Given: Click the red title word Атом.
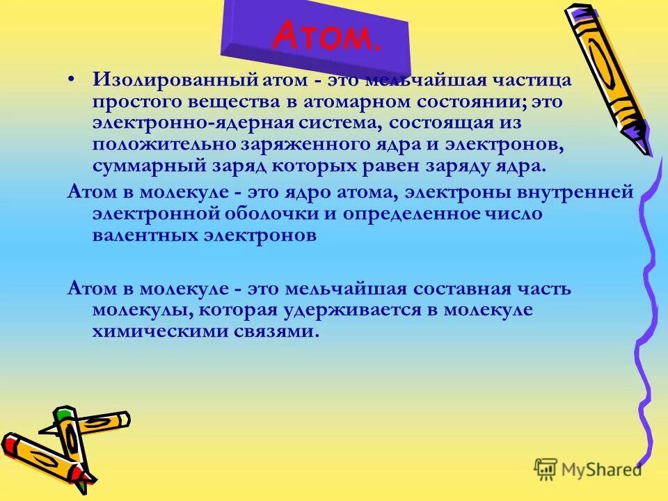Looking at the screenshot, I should (x=326, y=37).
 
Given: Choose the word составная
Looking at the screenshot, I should (x=442, y=287).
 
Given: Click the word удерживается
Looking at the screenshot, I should (x=363, y=310).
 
